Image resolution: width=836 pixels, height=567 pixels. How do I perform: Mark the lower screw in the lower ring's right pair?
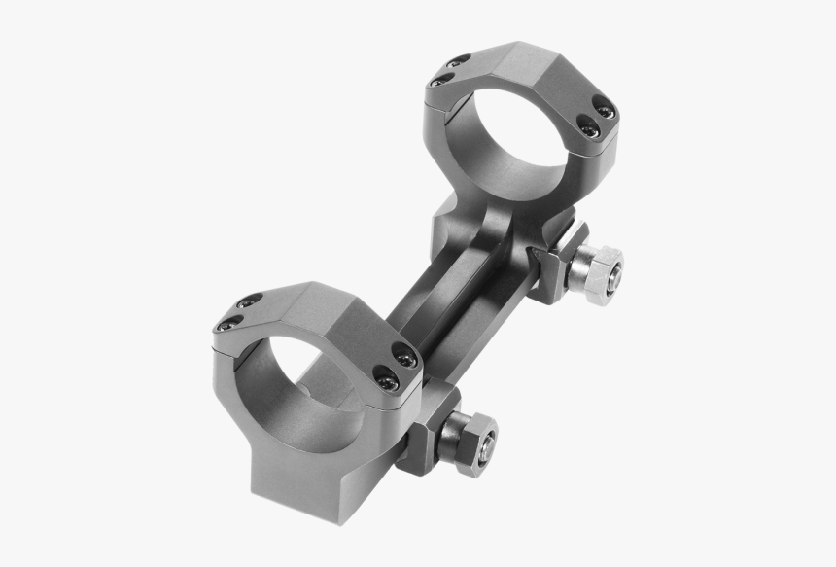pos(386,381)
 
